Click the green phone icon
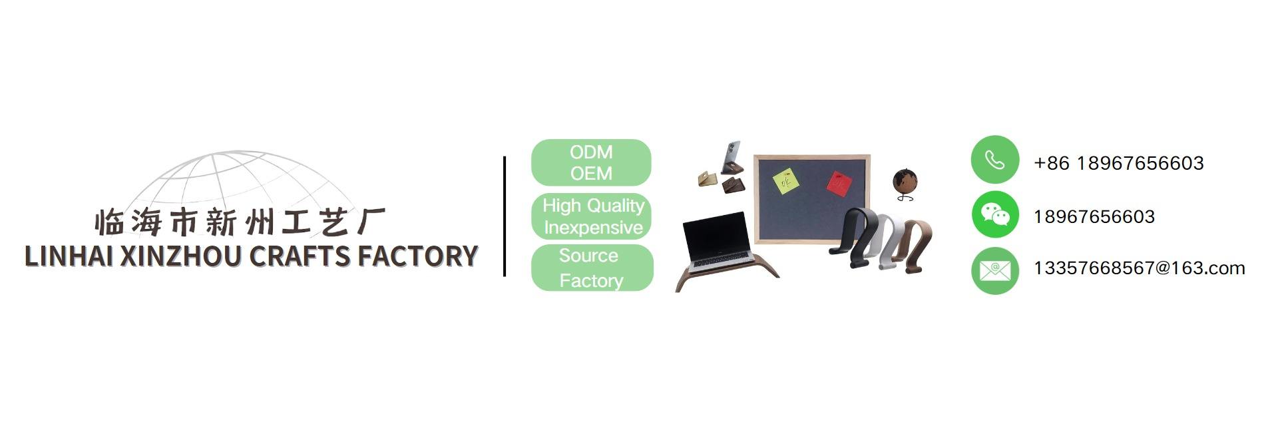click(994, 160)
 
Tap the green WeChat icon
click(994, 214)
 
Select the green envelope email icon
click(994, 270)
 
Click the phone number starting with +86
click(1118, 163)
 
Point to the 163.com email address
click(1139, 268)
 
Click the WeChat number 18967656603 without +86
click(1094, 216)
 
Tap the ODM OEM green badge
click(591, 162)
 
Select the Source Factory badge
click(592, 268)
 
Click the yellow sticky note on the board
click(785, 180)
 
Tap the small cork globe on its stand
click(905, 182)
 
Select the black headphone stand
click(854, 237)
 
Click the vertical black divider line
click(505, 216)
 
